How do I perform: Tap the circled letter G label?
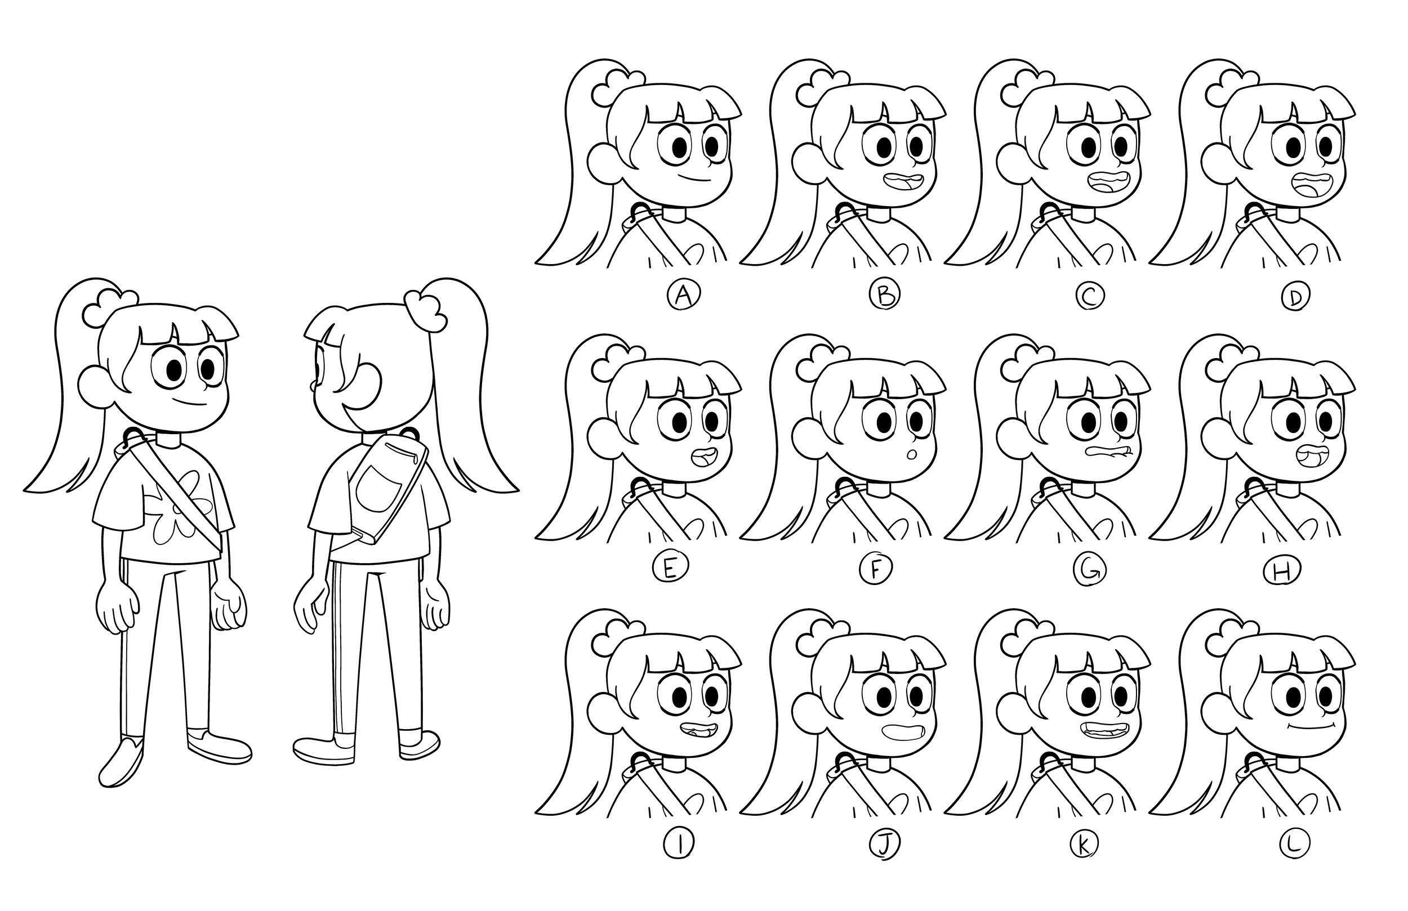pos(1089,570)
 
